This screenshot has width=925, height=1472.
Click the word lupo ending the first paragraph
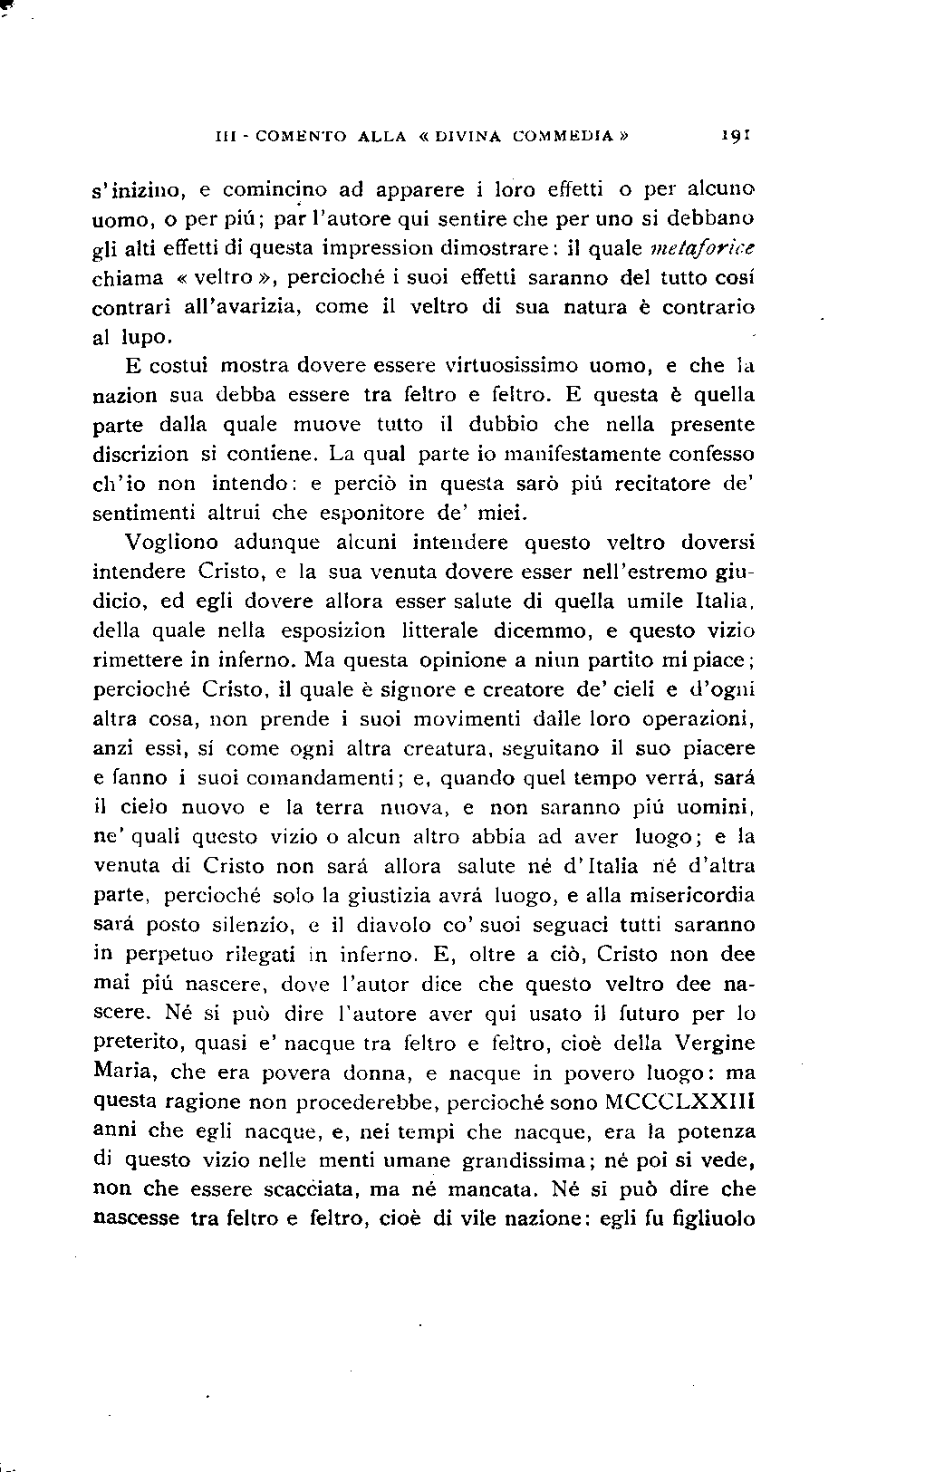tap(142, 337)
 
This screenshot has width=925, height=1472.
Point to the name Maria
tap(121, 1073)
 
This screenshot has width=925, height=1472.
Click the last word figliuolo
tap(715, 1219)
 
